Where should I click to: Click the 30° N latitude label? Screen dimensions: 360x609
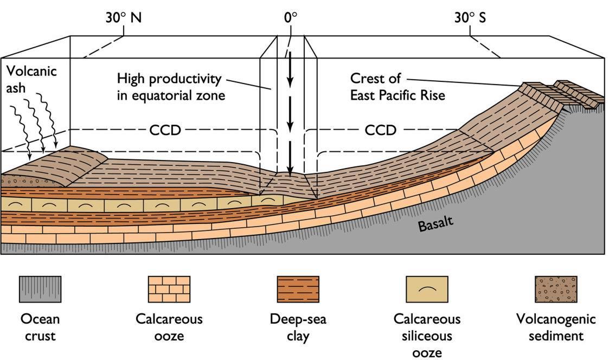(x=124, y=17)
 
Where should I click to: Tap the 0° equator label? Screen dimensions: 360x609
(x=291, y=17)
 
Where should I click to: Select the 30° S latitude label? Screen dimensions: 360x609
(x=470, y=17)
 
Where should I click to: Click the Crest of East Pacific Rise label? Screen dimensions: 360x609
(x=398, y=87)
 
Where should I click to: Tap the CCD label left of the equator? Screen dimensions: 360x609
(x=165, y=130)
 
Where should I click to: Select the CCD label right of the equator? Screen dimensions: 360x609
(x=381, y=130)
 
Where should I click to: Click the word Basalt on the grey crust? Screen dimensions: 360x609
(x=435, y=222)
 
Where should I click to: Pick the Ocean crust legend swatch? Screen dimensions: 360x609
(x=40, y=289)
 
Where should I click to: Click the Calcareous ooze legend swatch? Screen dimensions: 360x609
(x=169, y=289)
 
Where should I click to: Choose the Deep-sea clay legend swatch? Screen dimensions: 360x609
(x=298, y=289)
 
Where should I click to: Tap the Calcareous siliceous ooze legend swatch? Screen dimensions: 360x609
(x=427, y=289)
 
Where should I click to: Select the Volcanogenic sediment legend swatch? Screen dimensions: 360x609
(x=556, y=289)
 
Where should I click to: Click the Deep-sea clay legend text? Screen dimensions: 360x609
(x=298, y=327)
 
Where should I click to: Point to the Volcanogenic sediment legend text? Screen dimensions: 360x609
(x=556, y=327)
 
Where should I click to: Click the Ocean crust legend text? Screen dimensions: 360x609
(x=40, y=327)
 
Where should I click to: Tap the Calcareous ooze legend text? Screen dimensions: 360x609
(x=169, y=327)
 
